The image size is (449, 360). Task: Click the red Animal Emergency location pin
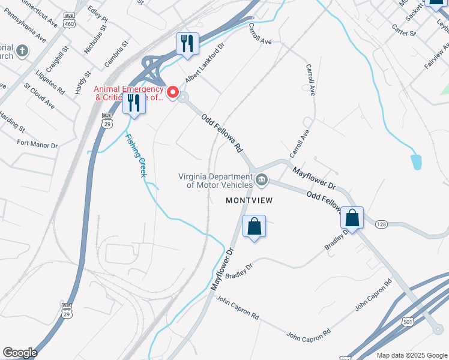point(173,92)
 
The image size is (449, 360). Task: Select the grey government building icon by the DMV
point(262,179)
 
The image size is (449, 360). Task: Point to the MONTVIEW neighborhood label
point(249,200)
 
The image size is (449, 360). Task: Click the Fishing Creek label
point(136,154)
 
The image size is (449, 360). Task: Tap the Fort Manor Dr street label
point(37,145)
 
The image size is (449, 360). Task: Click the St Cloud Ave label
point(40,97)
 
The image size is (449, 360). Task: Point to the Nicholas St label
point(95,40)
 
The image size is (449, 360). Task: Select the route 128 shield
point(381,224)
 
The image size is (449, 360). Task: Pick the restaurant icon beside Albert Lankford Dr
point(187,43)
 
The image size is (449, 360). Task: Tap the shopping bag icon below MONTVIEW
point(255,226)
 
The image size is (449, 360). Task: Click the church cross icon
point(22,51)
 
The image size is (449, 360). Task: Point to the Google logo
point(19,353)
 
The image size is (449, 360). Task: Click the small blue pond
point(416,161)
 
